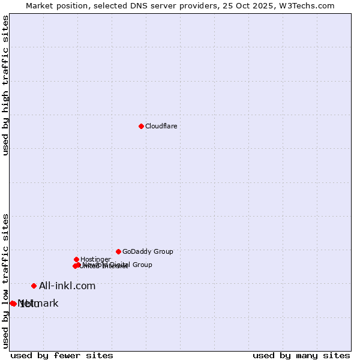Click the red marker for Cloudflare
point(141,126)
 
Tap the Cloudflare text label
point(161,126)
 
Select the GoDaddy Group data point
point(118,251)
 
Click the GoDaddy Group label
point(148,252)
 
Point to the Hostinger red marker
point(76,259)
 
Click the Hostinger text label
point(95,259)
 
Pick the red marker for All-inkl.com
point(34,286)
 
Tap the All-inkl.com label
point(67,286)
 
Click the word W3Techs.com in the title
point(310,5)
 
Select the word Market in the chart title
point(40,5)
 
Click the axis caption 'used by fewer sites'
point(62,355)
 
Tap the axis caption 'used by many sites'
point(301,355)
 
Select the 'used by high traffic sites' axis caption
point(6,85)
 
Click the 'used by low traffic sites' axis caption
point(6,280)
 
